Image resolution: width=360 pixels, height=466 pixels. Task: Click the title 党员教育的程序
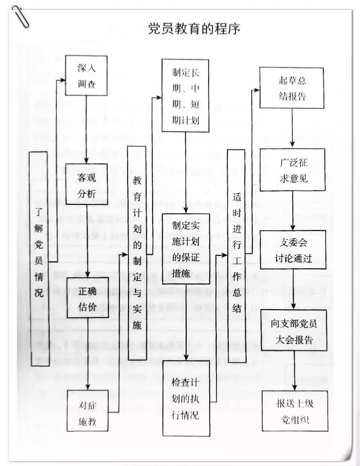(x=194, y=29)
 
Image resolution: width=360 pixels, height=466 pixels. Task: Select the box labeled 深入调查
(x=86, y=75)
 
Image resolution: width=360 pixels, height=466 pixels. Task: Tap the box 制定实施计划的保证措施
(x=186, y=249)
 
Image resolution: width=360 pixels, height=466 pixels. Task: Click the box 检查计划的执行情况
(x=186, y=398)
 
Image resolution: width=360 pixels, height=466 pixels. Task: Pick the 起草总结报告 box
(x=292, y=88)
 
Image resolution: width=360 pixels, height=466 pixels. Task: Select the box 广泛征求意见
(x=293, y=170)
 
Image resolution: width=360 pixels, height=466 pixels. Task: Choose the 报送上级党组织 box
(x=294, y=411)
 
